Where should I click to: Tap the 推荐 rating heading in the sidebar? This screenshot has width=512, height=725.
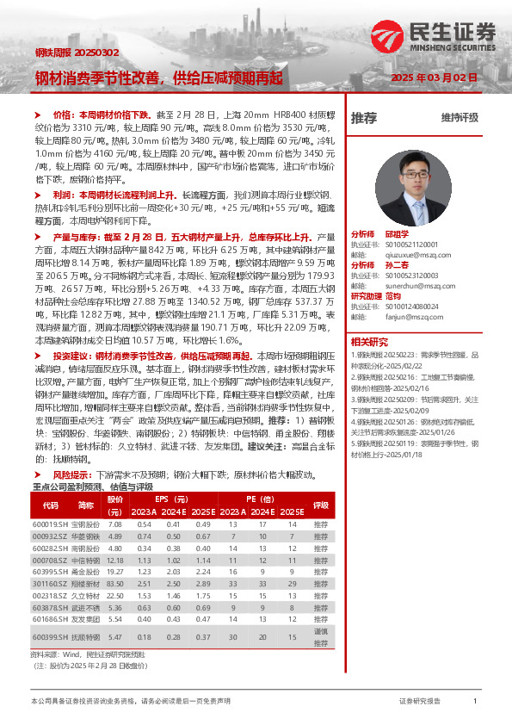364,117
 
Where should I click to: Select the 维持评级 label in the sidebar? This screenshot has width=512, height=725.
460,118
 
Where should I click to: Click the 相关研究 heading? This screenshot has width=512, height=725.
369,341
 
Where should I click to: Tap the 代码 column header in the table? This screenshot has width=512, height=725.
50,505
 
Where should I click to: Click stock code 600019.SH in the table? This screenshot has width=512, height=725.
50,524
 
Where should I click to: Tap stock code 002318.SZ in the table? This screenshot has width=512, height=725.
50,596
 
